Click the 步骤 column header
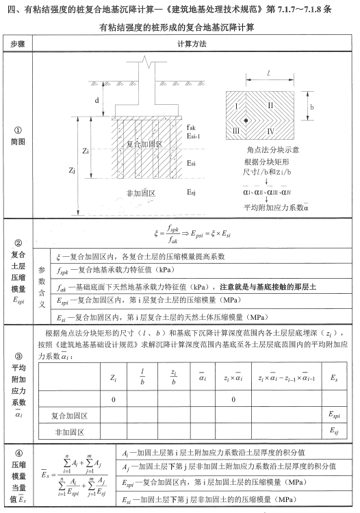point(18,44)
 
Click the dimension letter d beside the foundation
point(97,100)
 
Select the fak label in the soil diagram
point(191,127)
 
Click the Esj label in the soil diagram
point(193,194)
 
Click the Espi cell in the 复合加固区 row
point(334,415)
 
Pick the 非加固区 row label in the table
point(68,432)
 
